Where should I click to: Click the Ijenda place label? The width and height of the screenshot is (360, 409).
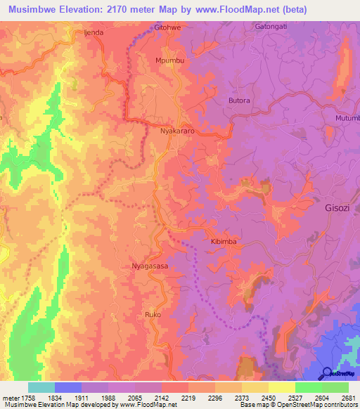click(94, 32)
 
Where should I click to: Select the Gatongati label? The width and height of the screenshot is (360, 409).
click(270, 27)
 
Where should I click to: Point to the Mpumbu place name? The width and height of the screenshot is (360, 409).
click(169, 61)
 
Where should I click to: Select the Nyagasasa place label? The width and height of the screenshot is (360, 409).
click(150, 266)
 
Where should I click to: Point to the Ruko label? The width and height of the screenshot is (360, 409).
click(153, 314)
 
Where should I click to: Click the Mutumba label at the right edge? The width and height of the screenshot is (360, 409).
click(347, 118)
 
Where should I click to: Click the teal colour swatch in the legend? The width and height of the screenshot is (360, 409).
click(41, 387)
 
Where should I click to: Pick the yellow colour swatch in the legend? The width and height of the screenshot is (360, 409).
click(281, 387)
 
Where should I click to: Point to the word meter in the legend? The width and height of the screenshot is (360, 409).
click(10, 398)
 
